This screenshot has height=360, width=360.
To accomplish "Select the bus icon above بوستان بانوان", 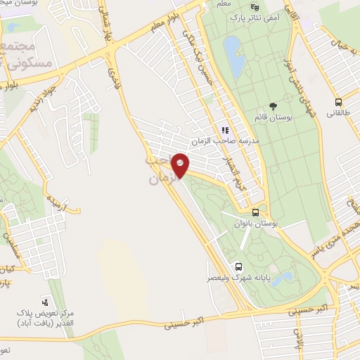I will click(x=255, y=211).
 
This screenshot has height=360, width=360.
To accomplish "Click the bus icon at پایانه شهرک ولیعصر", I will click(x=238, y=266).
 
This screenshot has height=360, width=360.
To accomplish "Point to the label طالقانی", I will click(x=341, y=112).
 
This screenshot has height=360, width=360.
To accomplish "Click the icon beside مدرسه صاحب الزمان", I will click(x=226, y=129).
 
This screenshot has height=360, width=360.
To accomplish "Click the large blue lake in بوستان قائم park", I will click(x=234, y=58).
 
